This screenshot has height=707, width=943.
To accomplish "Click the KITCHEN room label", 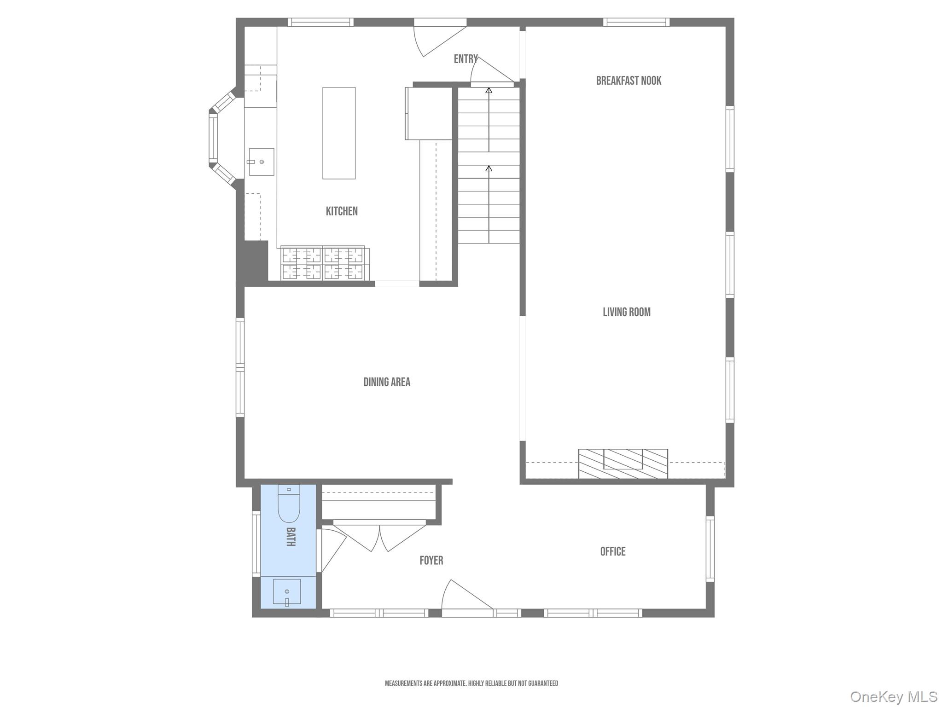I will point(341,211).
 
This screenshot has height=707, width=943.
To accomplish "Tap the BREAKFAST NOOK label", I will point(628,81).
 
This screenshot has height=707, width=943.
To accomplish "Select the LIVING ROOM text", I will point(626,312).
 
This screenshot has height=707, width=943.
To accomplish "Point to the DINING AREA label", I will point(386,382).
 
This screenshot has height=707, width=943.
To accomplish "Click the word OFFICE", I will point(612,551).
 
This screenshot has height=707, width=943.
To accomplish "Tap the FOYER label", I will point(431,561).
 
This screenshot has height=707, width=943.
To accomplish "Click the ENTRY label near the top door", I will point(465,59).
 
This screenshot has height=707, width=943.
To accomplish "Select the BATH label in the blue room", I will point(291,537).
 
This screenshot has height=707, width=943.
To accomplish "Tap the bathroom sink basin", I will point(287,592).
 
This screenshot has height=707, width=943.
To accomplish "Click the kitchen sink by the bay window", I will point(262,162).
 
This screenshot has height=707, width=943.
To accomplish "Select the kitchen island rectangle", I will point(338,133).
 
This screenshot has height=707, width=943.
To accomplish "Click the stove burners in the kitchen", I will point(323,264).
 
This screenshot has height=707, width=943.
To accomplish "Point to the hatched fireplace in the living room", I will point(623,464).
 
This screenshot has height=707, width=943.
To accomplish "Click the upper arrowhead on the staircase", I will point(489,91).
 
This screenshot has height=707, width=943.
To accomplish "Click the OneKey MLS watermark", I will point(893,696).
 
